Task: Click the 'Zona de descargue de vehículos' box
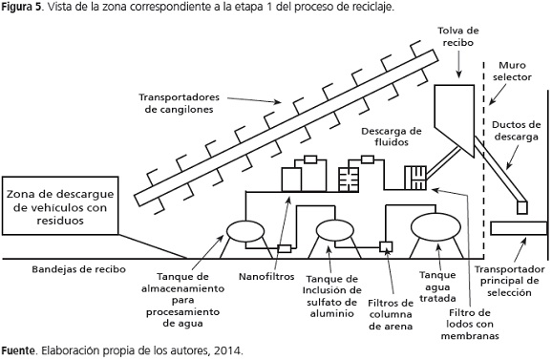pos(60,205)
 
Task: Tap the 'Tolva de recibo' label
pos(458,36)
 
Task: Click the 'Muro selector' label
pos(512,71)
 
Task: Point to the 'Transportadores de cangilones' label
pos(179,103)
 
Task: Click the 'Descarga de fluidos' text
pos(392,137)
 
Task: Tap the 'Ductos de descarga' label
pos(516,131)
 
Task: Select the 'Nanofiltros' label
pos(266,277)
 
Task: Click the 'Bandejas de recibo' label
pos(79,269)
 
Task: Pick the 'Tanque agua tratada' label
pos(437,286)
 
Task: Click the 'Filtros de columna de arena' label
pos(391,314)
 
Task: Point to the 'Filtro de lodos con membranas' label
pos(470,324)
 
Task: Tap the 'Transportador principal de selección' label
pos(509,281)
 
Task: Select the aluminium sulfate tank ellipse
pos(335,230)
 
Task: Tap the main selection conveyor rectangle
pos(519,228)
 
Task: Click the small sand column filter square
pos(386,246)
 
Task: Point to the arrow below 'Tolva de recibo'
pos(458,64)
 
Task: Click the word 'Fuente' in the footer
pos(18,350)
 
